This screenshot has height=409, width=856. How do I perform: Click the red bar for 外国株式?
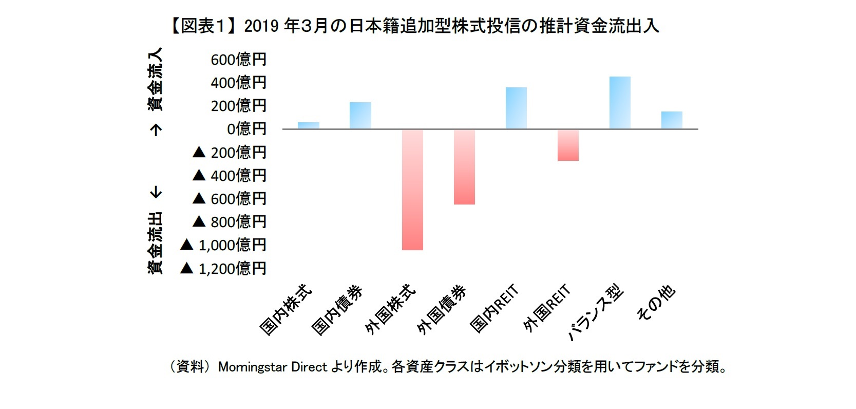(412, 189)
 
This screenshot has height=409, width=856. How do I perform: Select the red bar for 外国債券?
(464, 166)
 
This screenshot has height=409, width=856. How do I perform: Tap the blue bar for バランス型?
(620, 102)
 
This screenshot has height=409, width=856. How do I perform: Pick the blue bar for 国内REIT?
(516, 108)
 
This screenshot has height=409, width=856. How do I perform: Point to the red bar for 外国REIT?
(568, 145)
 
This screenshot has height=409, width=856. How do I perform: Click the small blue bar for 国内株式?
(309, 125)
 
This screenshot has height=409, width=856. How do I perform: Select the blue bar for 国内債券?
(360, 115)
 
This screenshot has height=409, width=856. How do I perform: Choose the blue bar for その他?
(672, 120)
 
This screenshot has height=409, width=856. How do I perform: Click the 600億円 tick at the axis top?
(238, 60)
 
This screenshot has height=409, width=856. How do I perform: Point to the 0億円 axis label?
(246, 128)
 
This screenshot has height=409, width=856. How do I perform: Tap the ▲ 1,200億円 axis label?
(223, 268)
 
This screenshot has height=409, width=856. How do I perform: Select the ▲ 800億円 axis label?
(229, 221)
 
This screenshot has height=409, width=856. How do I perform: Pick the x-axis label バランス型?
(596, 313)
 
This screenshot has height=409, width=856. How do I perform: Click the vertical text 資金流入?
(155, 79)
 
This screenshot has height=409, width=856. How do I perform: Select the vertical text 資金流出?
(155, 243)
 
